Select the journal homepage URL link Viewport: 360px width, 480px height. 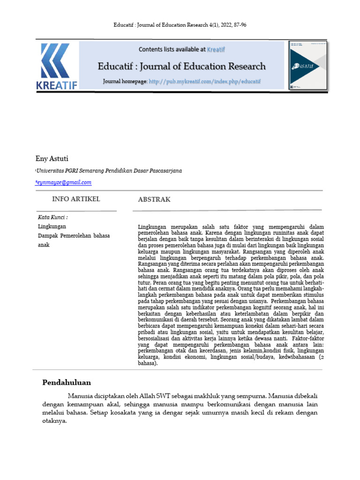tap(205, 82)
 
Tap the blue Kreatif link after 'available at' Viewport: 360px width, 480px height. tap(216, 49)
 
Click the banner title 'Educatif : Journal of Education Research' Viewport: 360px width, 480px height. tap(181, 66)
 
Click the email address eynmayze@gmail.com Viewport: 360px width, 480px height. tap(64, 182)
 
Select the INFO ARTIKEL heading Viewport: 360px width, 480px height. tap(76, 199)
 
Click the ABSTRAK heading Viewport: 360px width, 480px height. tap(154, 200)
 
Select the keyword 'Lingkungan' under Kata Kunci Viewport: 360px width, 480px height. tap(52, 226)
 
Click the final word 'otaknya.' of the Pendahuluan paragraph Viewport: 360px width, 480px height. tap(55, 421)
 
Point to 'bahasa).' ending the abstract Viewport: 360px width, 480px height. tap(148, 363)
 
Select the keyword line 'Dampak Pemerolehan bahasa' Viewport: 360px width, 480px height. tap(74, 236)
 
